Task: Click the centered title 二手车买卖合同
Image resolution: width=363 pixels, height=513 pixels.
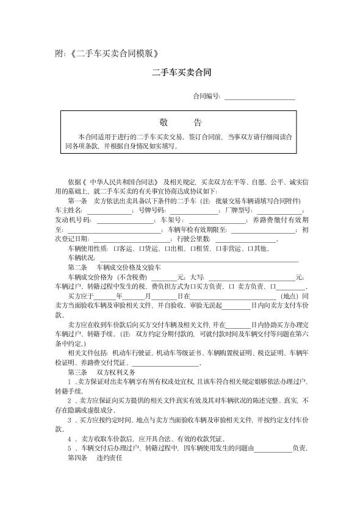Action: tap(181, 72)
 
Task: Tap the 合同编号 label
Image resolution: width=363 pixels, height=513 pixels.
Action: tap(206, 96)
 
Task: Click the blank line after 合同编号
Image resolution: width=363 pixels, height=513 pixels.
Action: tap(260, 96)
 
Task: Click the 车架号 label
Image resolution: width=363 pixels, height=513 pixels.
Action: tap(171, 220)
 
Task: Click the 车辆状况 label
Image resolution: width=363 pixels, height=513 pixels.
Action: tap(81, 258)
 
